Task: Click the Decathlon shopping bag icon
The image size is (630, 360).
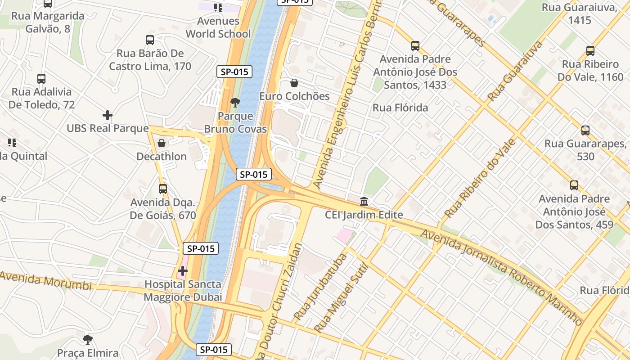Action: pos(162,143)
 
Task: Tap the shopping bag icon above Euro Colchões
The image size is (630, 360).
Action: pos(294,83)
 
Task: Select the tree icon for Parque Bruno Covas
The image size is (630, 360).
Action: pos(235,103)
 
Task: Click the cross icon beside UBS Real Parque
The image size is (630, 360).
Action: pos(107,115)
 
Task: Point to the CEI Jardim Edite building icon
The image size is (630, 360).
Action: pos(364,201)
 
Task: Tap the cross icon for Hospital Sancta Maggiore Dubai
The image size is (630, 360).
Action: pos(183,271)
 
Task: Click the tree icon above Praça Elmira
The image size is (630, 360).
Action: pos(88,339)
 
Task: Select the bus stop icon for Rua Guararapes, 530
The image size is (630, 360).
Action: pos(585,130)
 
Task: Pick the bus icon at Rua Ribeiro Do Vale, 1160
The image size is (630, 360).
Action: pos(590,51)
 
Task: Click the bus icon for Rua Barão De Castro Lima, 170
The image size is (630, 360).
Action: pos(150,40)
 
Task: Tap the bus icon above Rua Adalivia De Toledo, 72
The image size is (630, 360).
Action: pos(41,79)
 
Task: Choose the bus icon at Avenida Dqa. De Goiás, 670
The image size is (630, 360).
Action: pos(163,189)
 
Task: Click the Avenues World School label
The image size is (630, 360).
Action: pos(218,27)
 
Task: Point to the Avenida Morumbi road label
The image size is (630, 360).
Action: pos(46,281)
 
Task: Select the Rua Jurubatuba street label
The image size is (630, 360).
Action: pos(321,287)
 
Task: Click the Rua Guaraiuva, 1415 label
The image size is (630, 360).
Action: pos(579,13)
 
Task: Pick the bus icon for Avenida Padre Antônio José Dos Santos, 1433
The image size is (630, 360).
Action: pos(415,46)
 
